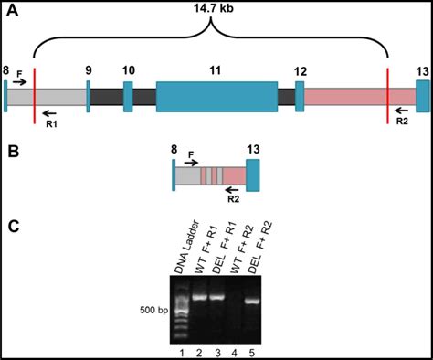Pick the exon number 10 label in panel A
(128, 70)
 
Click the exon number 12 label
(301, 71)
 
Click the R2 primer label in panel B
(233, 199)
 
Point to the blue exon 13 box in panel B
(253, 175)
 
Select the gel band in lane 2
(199, 296)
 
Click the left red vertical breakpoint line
(35, 94)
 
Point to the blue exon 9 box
(89, 97)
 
